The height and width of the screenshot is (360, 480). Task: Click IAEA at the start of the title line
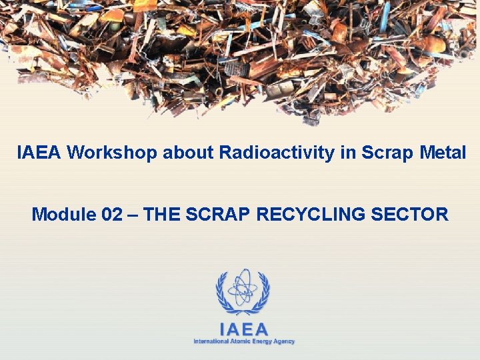(39, 153)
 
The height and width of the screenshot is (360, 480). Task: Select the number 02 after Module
(114, 215)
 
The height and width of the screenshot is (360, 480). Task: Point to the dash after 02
(134, 215)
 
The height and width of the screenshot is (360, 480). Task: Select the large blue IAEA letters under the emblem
(243, 329)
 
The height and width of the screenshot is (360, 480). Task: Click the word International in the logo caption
(211, 341)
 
